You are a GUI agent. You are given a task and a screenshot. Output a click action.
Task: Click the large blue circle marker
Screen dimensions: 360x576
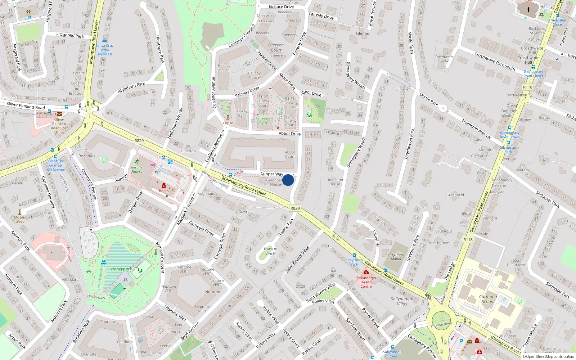click(x=288, y=180)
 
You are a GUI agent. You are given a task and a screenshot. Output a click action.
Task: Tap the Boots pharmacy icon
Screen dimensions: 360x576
click(x=163, y=186)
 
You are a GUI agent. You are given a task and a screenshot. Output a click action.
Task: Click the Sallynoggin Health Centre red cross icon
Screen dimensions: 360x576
click(x=366, y=273)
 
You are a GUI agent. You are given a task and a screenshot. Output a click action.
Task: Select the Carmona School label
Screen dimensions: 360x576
click(x=488, y=299)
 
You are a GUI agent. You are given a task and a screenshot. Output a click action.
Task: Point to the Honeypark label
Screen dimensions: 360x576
click(x=121, y=269)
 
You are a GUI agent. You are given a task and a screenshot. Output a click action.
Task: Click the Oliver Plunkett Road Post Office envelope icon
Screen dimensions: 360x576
click(x=59, y=114)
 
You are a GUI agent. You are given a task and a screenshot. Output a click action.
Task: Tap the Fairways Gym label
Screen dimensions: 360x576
click(x=263, y=121)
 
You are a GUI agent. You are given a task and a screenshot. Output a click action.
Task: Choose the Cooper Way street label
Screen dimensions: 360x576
click(x=272, y=174)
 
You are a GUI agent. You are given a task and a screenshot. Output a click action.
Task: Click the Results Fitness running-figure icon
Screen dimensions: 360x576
click(x=137, y=162)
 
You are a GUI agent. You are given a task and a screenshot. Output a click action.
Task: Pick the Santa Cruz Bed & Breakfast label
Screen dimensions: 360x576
click(x=104, y=50)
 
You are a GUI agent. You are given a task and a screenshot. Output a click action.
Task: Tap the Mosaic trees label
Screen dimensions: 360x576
click(x=20, y=219)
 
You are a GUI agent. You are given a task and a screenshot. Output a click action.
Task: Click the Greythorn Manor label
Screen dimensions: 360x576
click(x=396, y=257)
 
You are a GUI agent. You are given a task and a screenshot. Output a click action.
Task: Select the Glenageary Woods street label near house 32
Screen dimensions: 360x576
click(x=355, y=76)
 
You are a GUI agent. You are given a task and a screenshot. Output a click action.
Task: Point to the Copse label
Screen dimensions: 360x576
click(x=228, y=123)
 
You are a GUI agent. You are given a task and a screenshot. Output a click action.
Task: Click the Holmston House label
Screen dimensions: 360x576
click(x=334, y=182)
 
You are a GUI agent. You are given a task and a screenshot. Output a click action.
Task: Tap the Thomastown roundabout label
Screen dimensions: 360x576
click(x=441, y=324)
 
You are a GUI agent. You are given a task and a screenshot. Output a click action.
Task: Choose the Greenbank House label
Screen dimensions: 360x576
click(x=275, y=182)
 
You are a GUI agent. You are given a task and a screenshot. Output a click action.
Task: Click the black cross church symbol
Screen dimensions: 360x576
click(x=528, y=10)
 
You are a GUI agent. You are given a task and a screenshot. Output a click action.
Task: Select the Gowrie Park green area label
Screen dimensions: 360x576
click(x=270, y=251)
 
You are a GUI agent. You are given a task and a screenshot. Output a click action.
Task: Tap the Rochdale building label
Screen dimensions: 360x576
click(x=87, y=156)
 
